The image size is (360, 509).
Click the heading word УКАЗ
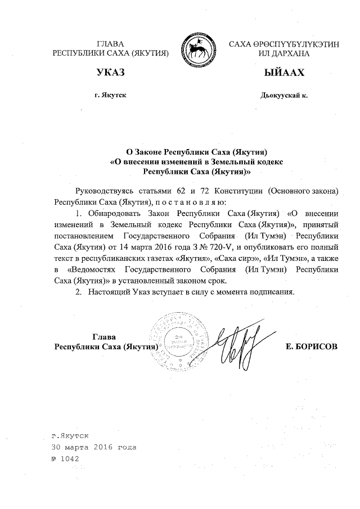(x=111, y=73)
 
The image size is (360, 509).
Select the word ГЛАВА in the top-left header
(x=110, y=43)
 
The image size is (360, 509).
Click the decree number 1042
(x=70, y=458)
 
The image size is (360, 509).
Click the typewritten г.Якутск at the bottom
(x=69, y=436)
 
